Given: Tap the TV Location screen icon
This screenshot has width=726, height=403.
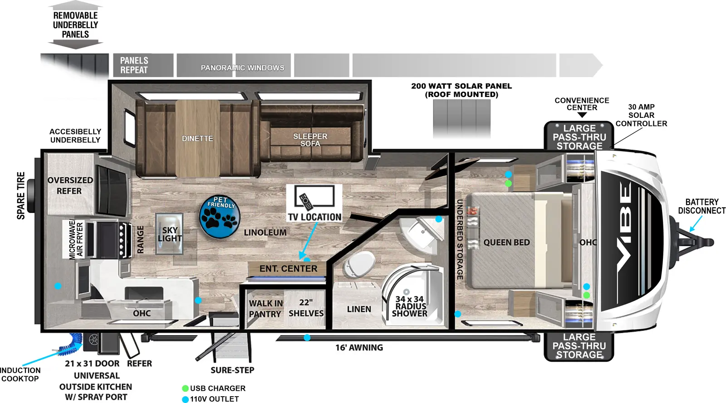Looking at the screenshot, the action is pyautogui.click(x=314, y=197).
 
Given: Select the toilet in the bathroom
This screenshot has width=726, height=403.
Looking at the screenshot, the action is pyautogui.click(x=359, y=264).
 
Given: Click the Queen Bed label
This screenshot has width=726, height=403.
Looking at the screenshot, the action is pyautogui.click(x=506, y=243).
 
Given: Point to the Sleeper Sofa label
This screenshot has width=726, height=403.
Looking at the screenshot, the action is pyautogui.click(x=310, y=140).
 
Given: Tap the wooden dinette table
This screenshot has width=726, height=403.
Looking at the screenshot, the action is pyautogui.click(x=198, y=139).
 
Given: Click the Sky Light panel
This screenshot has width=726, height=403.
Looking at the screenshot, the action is pyautogui.click(x=170, y=234).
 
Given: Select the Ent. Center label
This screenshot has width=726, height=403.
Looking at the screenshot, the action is pyautogui.click(x=288, y=269).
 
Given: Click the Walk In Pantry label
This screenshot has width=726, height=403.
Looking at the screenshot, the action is pyautogui.click(x=265, y=308).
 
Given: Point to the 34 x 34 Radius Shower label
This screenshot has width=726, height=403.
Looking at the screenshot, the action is pyautogui.click(x=410, y=306).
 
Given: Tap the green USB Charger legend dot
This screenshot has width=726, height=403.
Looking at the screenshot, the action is pyautogui.click(x=186, y=388).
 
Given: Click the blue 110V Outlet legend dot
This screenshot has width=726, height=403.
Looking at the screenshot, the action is pyautogui.click(x=186, y=400).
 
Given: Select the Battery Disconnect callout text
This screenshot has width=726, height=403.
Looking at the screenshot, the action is pyautogui.click(x=701, y=206).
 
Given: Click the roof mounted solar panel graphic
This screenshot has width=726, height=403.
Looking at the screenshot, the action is pyautogui.click(x=461, y=119).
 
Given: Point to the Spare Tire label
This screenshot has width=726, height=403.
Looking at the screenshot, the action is pyautogui.click(x=21, y=196).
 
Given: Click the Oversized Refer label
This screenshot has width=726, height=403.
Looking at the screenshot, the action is pyautogui.click(x=70, y=185).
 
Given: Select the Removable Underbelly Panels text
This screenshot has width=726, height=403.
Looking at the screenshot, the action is pyautogui.click(x=75, y=25).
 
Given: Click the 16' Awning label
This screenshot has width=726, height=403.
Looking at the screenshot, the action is pyautogui.click(x=359, y=348).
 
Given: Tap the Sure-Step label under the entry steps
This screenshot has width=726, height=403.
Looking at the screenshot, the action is pyautogui.click(x=232, y=370).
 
